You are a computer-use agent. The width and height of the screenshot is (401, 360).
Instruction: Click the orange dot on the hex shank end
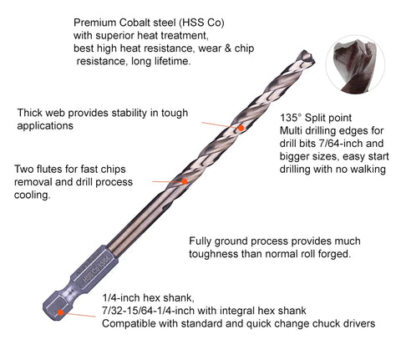61,312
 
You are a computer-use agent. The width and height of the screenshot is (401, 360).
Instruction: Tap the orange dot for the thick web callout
241,128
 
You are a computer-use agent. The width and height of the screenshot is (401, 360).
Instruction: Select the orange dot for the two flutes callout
185,181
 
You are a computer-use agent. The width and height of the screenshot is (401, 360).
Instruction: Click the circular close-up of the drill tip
356,65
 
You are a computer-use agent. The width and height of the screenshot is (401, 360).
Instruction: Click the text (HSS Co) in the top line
201,23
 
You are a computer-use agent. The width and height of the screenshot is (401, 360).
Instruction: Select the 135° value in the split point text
290,118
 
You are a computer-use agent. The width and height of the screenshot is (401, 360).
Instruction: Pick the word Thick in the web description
29,113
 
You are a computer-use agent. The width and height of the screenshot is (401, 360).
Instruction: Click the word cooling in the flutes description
33,195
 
